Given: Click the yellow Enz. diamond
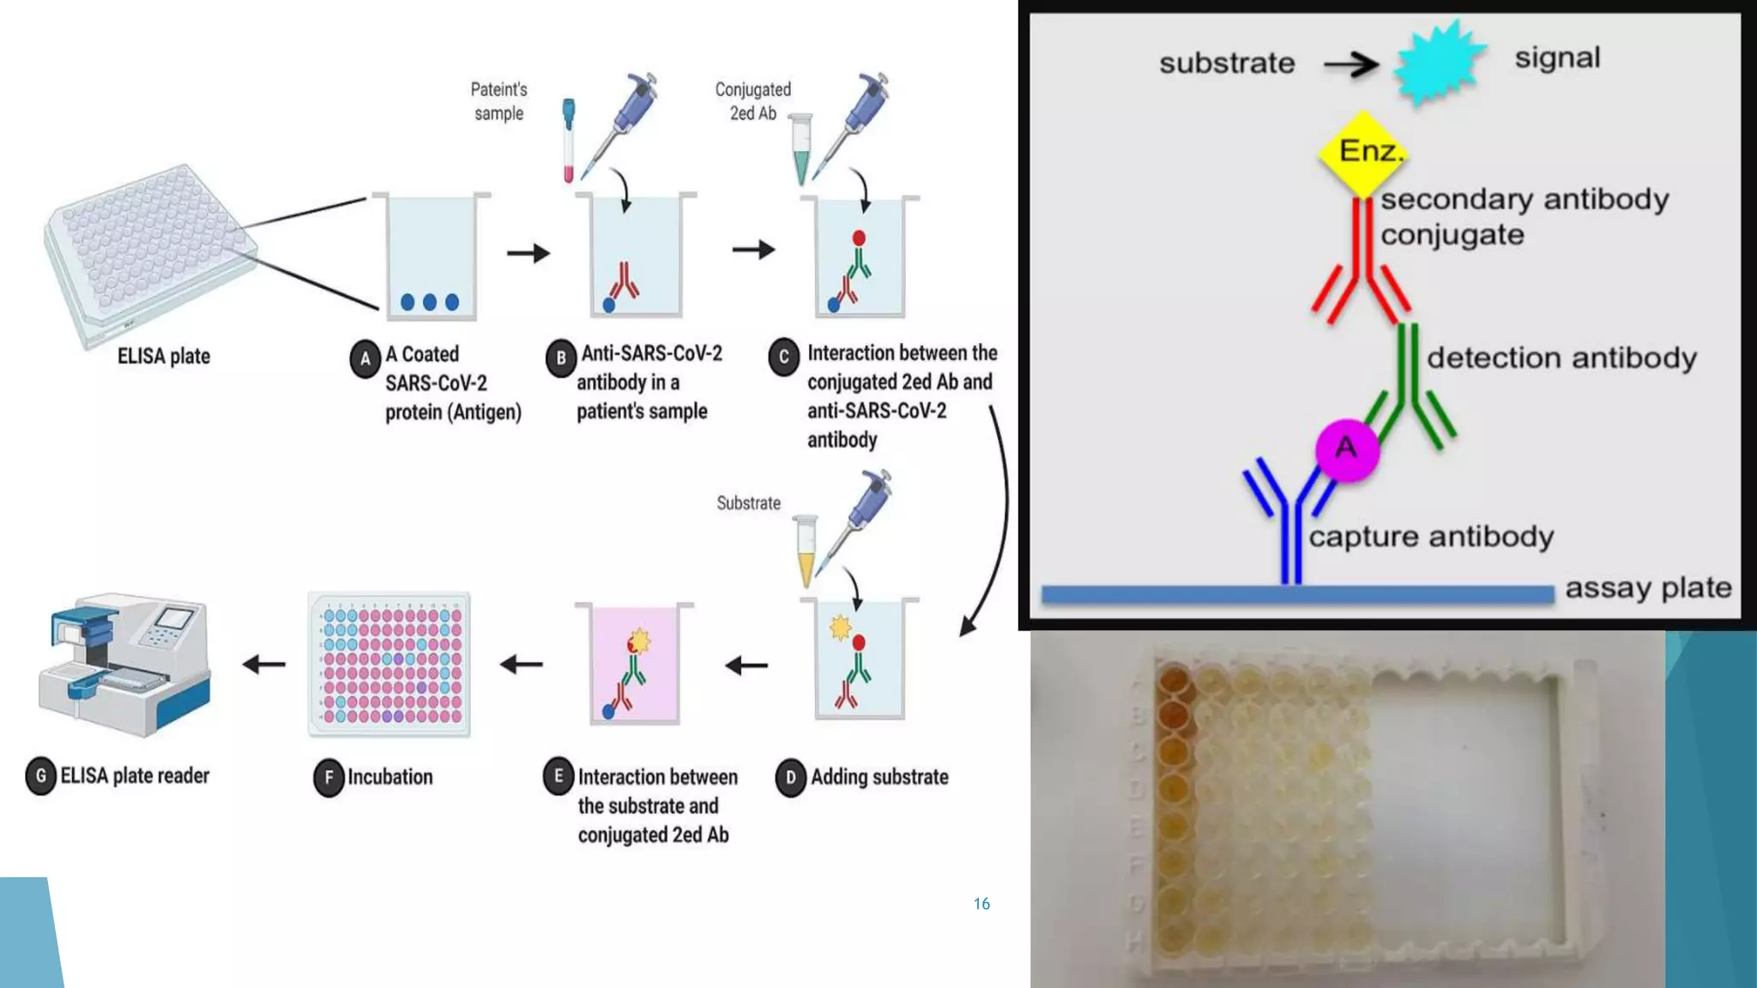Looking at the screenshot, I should pos(1362,153).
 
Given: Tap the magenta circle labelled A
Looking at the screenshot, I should pos(1347,449).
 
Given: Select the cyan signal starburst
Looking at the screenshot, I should pos(1439,63).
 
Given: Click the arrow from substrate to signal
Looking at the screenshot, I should pos(1350,63).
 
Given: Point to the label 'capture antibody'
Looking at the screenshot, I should pos(1431,537).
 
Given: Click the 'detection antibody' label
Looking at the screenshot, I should pos(1561,358).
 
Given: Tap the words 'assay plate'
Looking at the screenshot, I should pos(1648,588).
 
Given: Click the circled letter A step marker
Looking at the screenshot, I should pos(365,358).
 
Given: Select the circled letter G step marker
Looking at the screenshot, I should pos(40,776).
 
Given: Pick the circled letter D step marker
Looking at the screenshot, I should pos(790,777).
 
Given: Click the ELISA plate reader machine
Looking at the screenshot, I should pos(124,665).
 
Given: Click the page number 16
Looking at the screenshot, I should pos(981,904).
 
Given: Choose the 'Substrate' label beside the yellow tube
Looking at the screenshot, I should pos(748,503).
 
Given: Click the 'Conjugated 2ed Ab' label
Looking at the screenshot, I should pos(752,101).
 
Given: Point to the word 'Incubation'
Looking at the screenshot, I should pos(389,777).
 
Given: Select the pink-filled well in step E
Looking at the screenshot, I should pos(635,665).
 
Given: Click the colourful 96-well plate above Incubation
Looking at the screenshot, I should pos(389,664).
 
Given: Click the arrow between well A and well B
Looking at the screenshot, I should pos(528,253).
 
